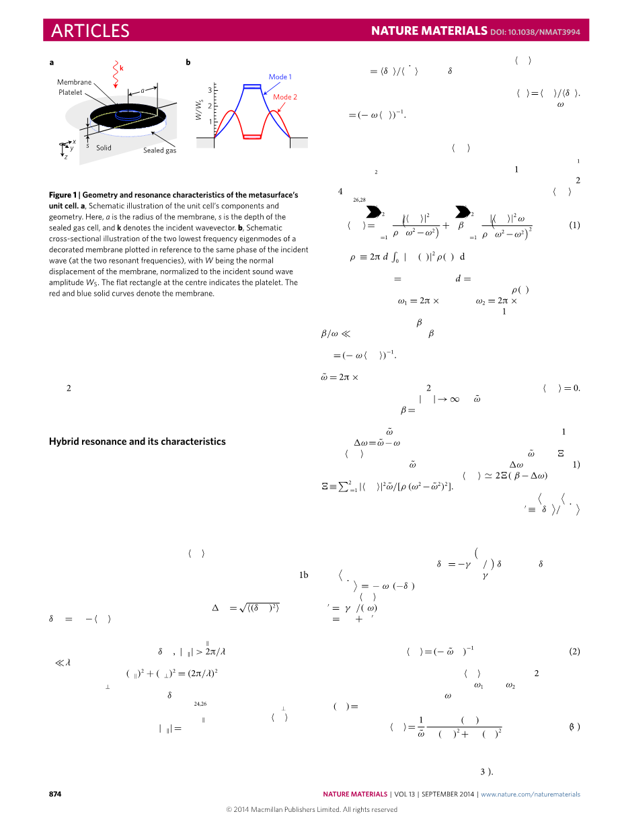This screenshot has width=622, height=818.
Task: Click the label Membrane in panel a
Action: (x=74, y=81)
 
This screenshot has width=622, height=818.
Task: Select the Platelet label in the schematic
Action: (x=70, y=91)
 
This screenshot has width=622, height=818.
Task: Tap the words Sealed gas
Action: (x=159, y=151)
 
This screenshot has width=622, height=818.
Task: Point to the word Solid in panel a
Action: (x=104, y=147)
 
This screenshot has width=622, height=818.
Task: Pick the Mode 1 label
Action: (x=280, y=77)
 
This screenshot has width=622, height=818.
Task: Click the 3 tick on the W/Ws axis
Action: (x=209, y=89)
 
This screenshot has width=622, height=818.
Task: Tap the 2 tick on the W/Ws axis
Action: (x=209, y=106)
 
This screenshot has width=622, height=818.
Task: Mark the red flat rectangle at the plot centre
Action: (x=251, y=136)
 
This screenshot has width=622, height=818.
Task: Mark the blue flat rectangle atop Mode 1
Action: (x=251, y=86)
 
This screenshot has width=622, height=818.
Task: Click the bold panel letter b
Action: (x=188, y=63)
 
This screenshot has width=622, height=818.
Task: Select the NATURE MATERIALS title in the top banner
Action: (x=429, y=31)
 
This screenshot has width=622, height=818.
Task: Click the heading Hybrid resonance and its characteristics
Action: (x=137, y=442)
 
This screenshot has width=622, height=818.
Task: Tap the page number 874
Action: (x=55, y=794)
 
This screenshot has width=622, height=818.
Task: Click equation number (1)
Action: (x=574, y=225)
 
